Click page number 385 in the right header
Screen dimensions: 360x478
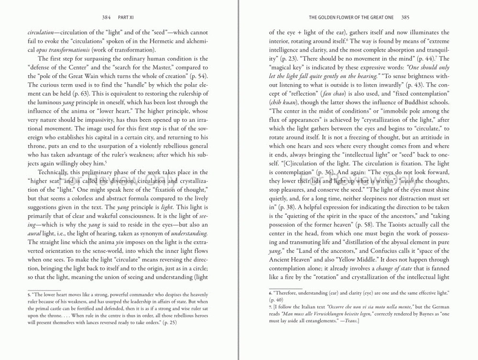pyautogui.click(x=405, y=17)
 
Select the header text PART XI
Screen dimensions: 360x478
pyautogui.click(x=125, y=17)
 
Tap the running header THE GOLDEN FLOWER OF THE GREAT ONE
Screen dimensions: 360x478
pyautogui.click(x=351, y=17)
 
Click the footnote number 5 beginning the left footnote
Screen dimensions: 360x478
pyautogui.click(x=29, y=295)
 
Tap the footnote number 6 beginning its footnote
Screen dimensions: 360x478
pyautogui.click(x=271, y=292)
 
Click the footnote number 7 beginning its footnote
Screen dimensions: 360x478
pyautogui.click(x=271, y=306)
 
